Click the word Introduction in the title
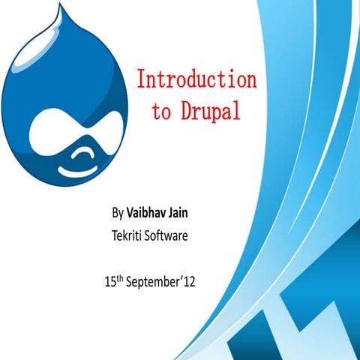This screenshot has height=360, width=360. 196,79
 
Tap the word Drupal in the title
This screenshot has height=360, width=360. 212,112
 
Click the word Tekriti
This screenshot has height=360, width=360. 130,237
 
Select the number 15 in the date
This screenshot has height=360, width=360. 111,284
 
